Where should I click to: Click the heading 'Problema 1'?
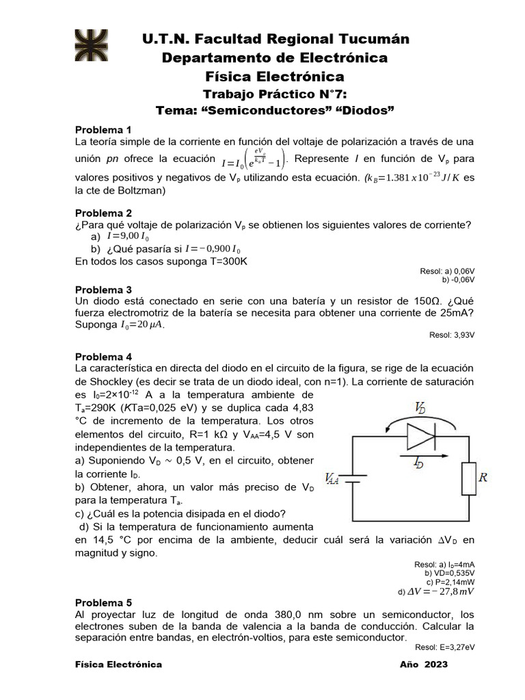(103, 130)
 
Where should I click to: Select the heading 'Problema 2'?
(103, 213)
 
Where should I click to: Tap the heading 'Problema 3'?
(103, 290)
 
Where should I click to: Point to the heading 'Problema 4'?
(103, 357)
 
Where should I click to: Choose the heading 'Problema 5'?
(103, 603)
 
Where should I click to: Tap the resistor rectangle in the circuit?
(469, 478)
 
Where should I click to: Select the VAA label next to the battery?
(332, 480)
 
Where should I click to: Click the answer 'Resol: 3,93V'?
(451, 335)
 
